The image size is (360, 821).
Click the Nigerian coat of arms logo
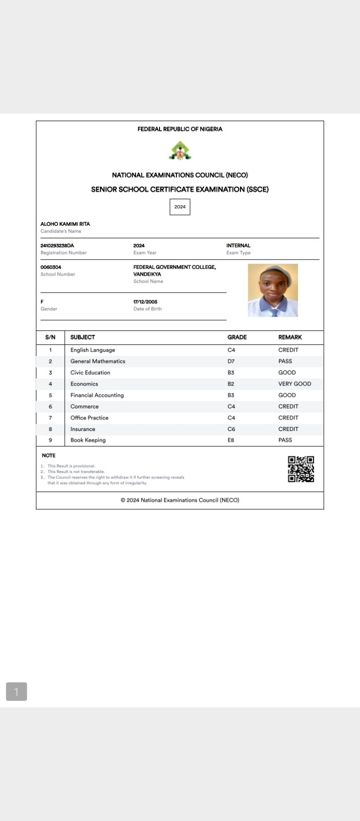pos(180,151)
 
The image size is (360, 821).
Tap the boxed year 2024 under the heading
pos(180,207)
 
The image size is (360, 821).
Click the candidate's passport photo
pos(273,290)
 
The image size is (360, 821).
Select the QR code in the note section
pos(301,469)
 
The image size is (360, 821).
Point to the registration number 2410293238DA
pos(57,246)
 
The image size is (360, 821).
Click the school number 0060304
pos(51,267)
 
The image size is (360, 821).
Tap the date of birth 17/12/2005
pos(145,302)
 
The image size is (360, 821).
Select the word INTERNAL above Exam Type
pos(238,246)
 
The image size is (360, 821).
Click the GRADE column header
pos(237,337)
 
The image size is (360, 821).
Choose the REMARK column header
pos(290,337)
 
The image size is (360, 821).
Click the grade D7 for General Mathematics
pos(231,361)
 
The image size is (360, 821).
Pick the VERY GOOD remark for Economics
pos(294,384)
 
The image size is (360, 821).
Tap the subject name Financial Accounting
pos(97,395)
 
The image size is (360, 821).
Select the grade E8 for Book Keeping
pos(231,440)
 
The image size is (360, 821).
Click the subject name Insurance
pos(83,429)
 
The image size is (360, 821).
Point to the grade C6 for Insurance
pos(231,429)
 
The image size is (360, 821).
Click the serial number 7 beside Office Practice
pos(50,418)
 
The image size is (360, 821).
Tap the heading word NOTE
pos(49,456)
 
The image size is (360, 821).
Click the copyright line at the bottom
pos(180,500)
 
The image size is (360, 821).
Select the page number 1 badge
pos(16,692)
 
